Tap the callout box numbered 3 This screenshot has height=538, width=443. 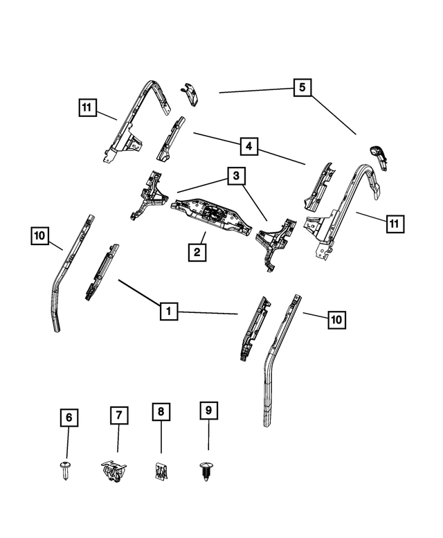[x=236, y=177]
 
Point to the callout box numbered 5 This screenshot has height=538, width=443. [x=302, y=88]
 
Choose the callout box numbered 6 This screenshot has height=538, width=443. [x=68, y=418]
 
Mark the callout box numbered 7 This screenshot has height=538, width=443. [x=118, y=415]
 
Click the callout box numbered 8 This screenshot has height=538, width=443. [x=161, y=411]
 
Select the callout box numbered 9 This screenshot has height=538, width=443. [x=208, y=411]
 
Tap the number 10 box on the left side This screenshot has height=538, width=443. [x=39, y=237]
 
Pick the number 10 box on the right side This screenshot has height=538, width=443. [x=336, y=319]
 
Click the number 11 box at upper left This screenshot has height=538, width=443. [x=86, y=107]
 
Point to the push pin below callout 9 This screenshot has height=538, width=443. [x=206, y=471]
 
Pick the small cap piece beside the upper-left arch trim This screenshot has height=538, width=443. [x=188, y=93]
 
